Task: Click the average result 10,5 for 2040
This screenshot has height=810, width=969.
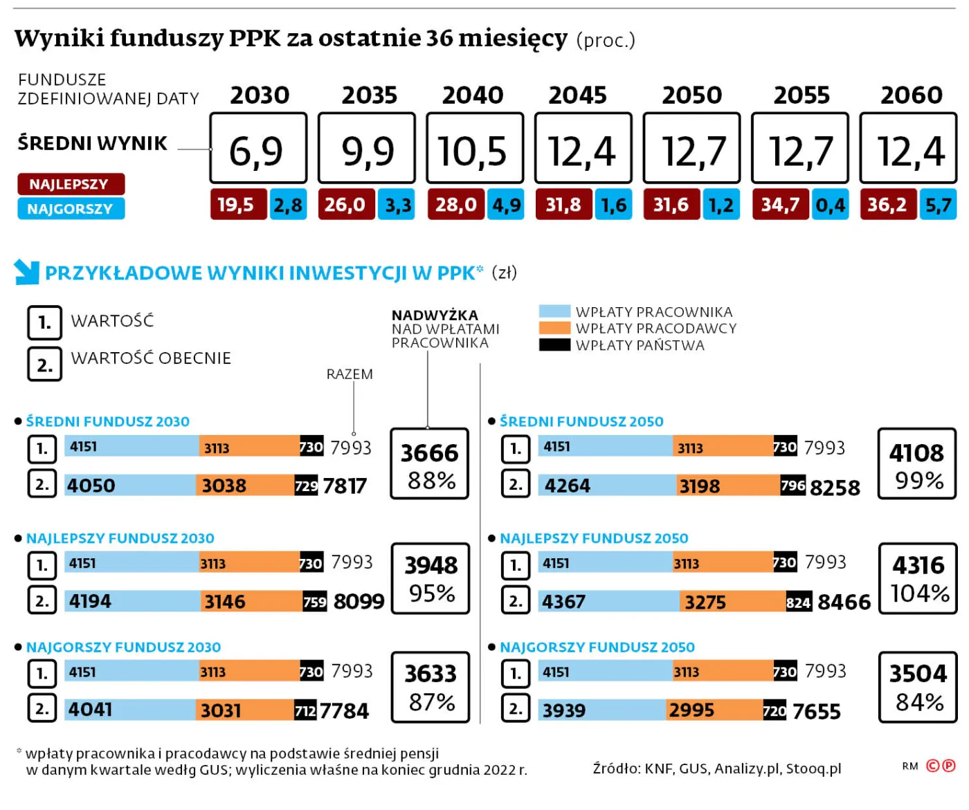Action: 474,149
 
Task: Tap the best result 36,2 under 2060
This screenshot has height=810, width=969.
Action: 888,205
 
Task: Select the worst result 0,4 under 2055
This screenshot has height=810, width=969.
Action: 830,205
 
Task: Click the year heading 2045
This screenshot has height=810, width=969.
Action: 577,95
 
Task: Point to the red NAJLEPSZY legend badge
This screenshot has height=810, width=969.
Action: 71,184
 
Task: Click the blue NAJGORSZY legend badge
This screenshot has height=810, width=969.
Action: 71,208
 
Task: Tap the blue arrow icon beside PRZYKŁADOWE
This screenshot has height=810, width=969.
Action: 26,272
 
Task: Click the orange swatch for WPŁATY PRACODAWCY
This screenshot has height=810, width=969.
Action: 554,328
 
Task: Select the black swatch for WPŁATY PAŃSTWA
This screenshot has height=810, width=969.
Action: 554,344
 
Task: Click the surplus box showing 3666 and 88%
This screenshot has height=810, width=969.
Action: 429,463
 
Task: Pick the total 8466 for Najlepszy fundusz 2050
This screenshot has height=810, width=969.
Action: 843,602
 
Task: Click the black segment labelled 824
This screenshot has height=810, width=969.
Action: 798,602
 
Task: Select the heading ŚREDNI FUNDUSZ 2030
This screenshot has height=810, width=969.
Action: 107,421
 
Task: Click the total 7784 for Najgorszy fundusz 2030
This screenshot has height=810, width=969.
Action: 344,710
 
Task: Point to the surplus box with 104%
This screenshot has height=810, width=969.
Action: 918,579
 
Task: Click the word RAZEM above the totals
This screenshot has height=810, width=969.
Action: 350,374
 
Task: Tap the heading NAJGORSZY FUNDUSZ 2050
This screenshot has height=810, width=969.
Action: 597,647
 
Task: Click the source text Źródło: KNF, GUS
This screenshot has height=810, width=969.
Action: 716,768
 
